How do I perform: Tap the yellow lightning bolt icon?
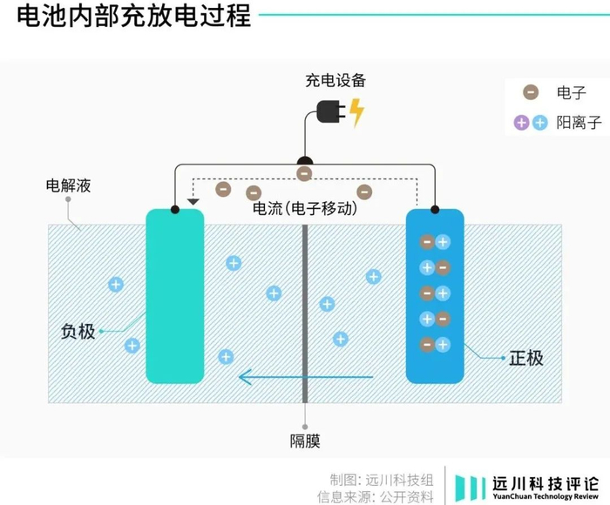point(357,113)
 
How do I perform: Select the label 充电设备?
point(335,81)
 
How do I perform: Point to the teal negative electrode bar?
point(175,296)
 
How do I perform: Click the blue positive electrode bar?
point(435,296)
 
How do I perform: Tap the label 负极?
point(78,331)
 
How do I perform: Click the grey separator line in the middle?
point(305,313)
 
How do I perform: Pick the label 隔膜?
point(305,441)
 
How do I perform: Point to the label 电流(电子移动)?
point(305,209)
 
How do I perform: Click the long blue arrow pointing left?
point(305,377)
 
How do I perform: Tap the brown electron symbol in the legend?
point(530,92)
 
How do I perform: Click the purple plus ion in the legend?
point(522,123)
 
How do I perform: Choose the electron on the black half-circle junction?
point(304,173)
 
